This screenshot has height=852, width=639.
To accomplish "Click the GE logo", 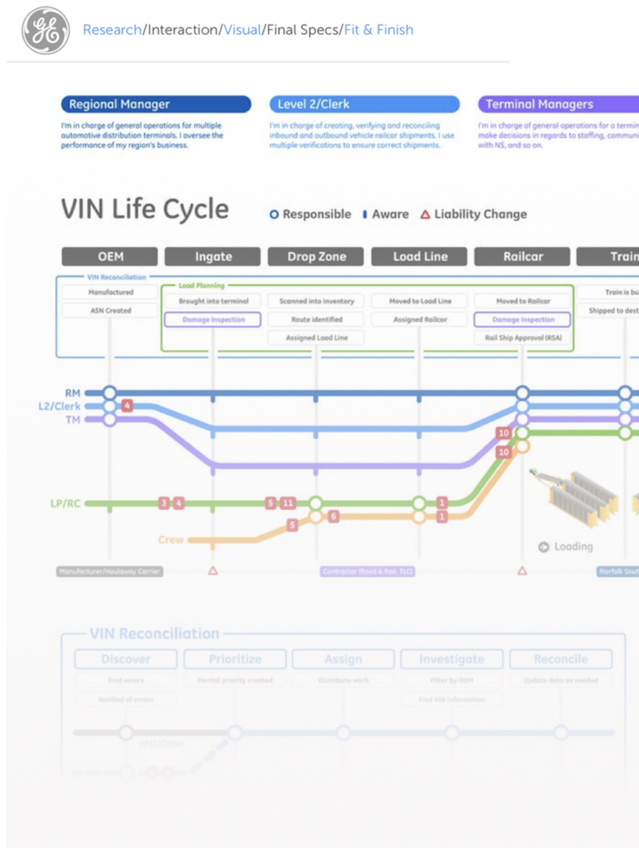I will click(45, 31).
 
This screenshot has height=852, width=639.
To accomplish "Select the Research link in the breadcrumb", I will click(112, 30).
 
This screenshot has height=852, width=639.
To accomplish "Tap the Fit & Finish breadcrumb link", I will click(379, 30).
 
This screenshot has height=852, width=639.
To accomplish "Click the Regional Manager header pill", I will click(156, 104).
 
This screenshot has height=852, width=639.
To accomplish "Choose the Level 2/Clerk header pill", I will click(364, 104).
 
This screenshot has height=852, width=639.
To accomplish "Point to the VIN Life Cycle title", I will click(145, 209).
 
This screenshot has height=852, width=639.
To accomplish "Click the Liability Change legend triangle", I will click(425, 214).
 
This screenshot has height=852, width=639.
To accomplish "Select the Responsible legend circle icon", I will click(274, 214).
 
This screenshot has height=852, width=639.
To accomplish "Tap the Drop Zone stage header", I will click(316, 257).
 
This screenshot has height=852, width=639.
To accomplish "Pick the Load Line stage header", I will click(420, 257).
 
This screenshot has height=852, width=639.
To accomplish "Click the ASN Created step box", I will click(110, 311).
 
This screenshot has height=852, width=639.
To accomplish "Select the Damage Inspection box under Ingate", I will click(213, 319).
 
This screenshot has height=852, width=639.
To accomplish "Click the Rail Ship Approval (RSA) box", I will click(523, 338).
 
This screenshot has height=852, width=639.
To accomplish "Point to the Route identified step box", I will click(316, 319).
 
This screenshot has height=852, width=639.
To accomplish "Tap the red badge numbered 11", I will click(288, 503).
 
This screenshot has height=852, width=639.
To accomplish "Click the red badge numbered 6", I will click(333, 516).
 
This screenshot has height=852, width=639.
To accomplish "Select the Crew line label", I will click(171, 540).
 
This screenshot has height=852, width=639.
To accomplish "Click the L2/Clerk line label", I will click(60, 406).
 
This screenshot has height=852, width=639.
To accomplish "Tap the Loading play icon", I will click(544, 547).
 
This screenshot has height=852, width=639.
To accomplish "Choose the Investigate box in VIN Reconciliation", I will click(452, 659).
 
